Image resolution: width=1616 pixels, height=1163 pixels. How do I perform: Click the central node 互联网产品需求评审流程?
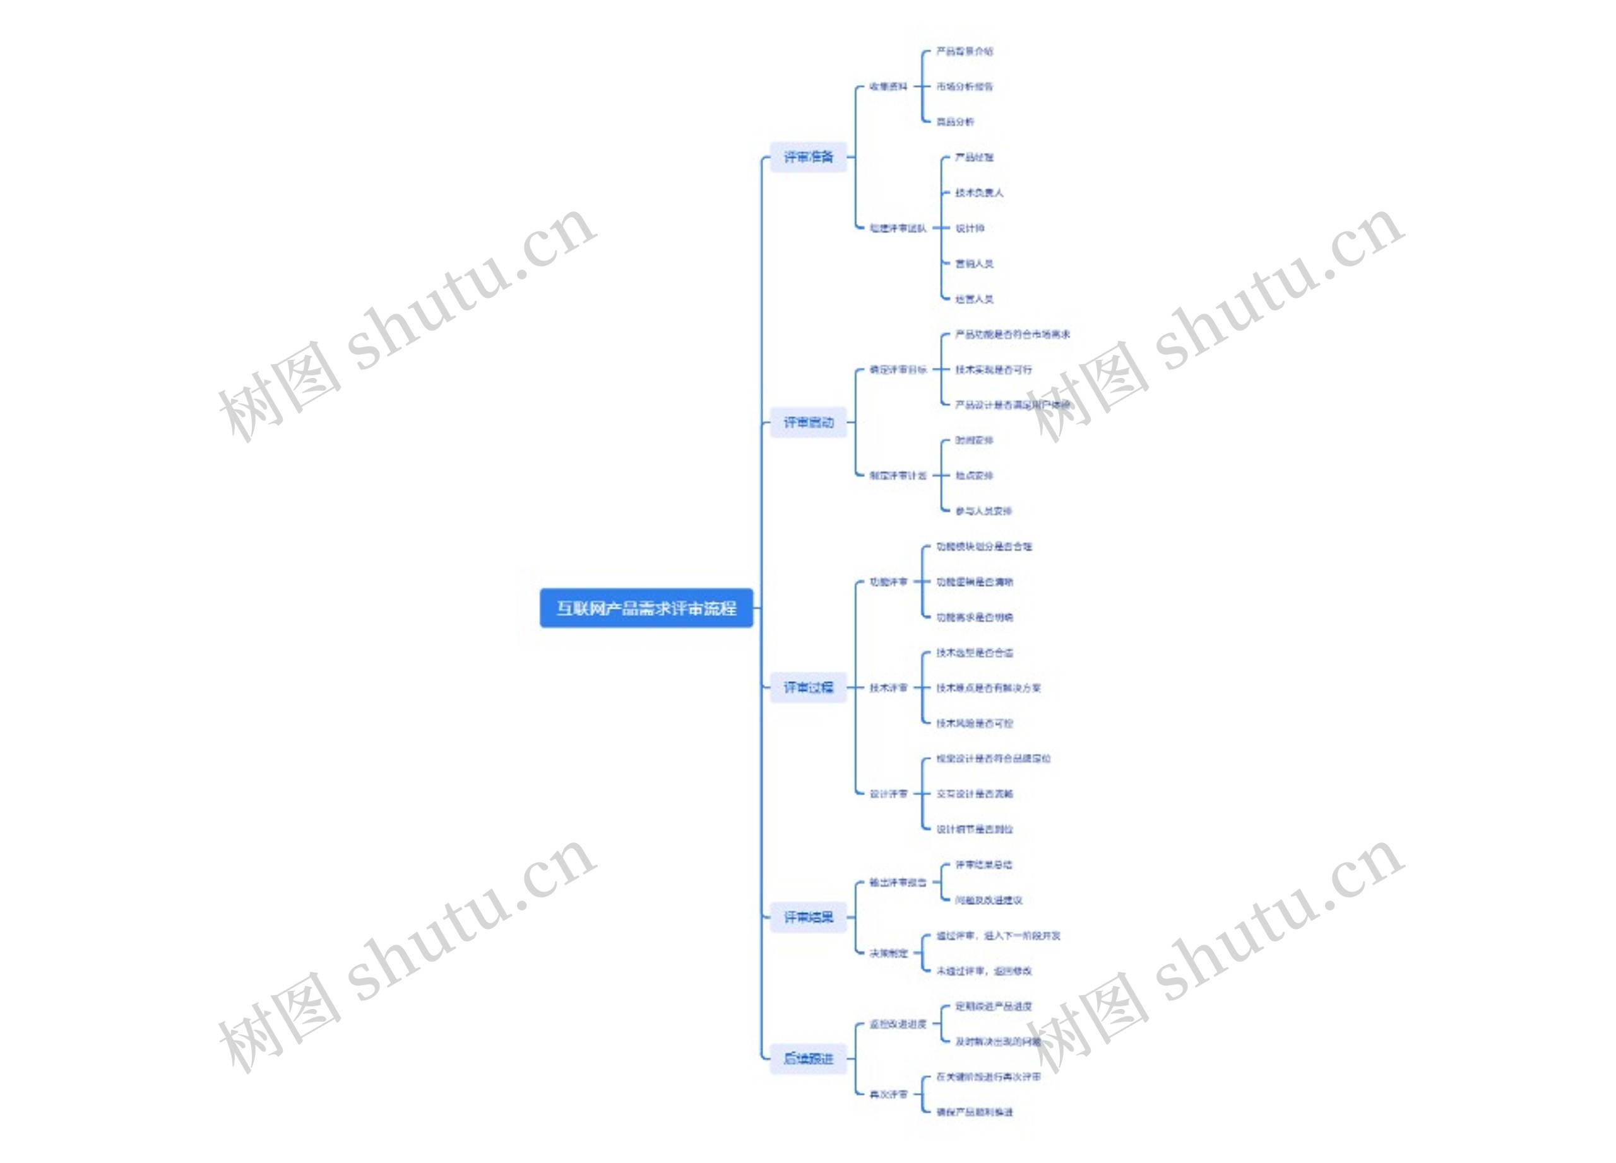pyautogui.click(x=646, y=608)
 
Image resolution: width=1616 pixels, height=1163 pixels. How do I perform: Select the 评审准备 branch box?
pyautogui.click(x=808, y=156)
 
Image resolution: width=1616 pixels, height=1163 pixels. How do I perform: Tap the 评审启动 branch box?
pyautogui.click(x=808, y=422)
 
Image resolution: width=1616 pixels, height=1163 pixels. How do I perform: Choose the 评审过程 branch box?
pyautogui.click(x=808, y=687)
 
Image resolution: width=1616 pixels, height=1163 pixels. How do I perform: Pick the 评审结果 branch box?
pyautogui.click(x=808, y=918)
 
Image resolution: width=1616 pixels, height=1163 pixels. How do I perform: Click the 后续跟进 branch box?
pyautogui.click(x=808, y=1058)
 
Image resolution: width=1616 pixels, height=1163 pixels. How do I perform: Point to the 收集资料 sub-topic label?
pyautogui.click(x=888, y=86)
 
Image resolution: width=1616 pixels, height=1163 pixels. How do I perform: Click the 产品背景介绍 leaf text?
pyautogui.click(x=964, y=51)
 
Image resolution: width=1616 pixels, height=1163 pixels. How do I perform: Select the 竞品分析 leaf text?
pyautogui.click(x=955, y=122)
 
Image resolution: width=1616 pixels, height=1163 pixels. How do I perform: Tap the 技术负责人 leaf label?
pyautogui.click(x=978, y=192)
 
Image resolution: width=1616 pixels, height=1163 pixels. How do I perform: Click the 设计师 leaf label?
pyautogui.click(x=969, y=228)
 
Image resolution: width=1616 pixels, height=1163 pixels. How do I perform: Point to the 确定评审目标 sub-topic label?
pyautogui.click(x=898, y=370)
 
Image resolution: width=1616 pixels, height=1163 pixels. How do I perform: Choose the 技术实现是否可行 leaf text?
pyautogui.click(x=992, y=370)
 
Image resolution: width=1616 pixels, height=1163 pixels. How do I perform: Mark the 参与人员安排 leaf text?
pyautogui.click(x=983, y=511)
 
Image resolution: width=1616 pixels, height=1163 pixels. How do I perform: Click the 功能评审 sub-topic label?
pyautogui.click(x=888, y=582)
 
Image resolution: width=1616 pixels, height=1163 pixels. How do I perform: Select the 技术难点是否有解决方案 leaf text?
pyautogui.click(x=989, y=688)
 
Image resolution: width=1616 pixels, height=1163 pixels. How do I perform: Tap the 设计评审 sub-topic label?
pyautogui.click(x=888, y=793)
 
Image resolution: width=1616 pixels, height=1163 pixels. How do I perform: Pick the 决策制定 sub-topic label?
pyautogui.click(x=888, y=953)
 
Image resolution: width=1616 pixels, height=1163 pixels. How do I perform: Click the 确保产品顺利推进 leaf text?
pyautogui.click(x=974, y=1112)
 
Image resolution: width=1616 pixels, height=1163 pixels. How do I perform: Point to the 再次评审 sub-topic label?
pyautogui.click(x=888, y=1094)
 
